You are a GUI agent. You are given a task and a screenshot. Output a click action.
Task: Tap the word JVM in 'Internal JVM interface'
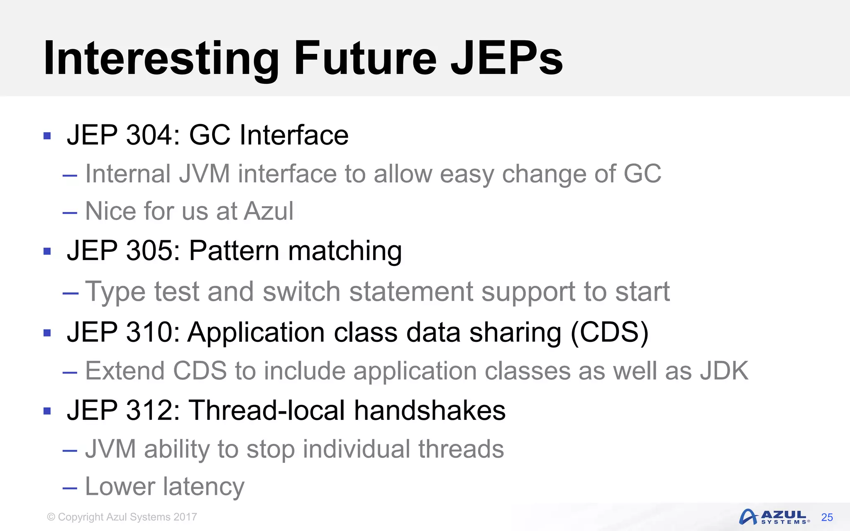click(204, 174)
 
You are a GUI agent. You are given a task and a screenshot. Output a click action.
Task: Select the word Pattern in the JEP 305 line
click(234, 251)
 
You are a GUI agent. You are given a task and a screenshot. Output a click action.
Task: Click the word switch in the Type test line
click(302, 292)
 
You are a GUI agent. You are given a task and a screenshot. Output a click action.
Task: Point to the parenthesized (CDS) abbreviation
click(609, 332)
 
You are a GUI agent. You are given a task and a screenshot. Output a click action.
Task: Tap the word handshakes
click(430, 410)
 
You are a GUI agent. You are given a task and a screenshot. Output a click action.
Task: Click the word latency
click(203, 487)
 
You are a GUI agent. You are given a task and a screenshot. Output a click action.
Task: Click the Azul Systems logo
click(774, 517)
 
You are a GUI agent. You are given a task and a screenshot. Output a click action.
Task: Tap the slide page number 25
click(827, 517)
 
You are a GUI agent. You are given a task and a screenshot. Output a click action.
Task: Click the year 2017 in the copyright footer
click(185, 517)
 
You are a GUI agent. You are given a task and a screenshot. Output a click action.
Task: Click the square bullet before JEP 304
click(47, 136)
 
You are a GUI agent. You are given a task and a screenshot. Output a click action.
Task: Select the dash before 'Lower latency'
click(70, 487)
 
